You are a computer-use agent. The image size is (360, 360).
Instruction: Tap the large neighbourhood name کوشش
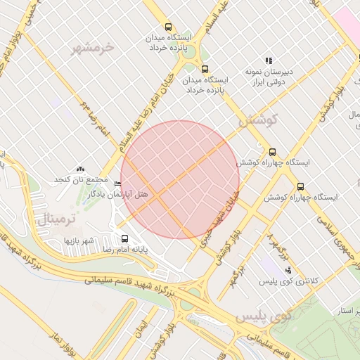pyautogui.click(x=259, y=120)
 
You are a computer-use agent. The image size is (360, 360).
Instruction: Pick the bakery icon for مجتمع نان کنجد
pyautogui.click(x=80, y=169)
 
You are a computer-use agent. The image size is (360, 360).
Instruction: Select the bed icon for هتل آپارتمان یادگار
pyautogui.click(x=117, y=184)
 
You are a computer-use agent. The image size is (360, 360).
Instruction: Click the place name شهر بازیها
pyautogui.click(x=79, y=241)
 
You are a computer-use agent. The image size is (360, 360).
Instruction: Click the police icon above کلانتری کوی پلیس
pyautogui.click(x=287, y=270)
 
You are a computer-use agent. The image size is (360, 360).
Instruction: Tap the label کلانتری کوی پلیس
pyautogui.click(x=289, y=281)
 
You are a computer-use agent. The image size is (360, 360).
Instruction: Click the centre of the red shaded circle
pyautogui.click(x=180, y=179)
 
